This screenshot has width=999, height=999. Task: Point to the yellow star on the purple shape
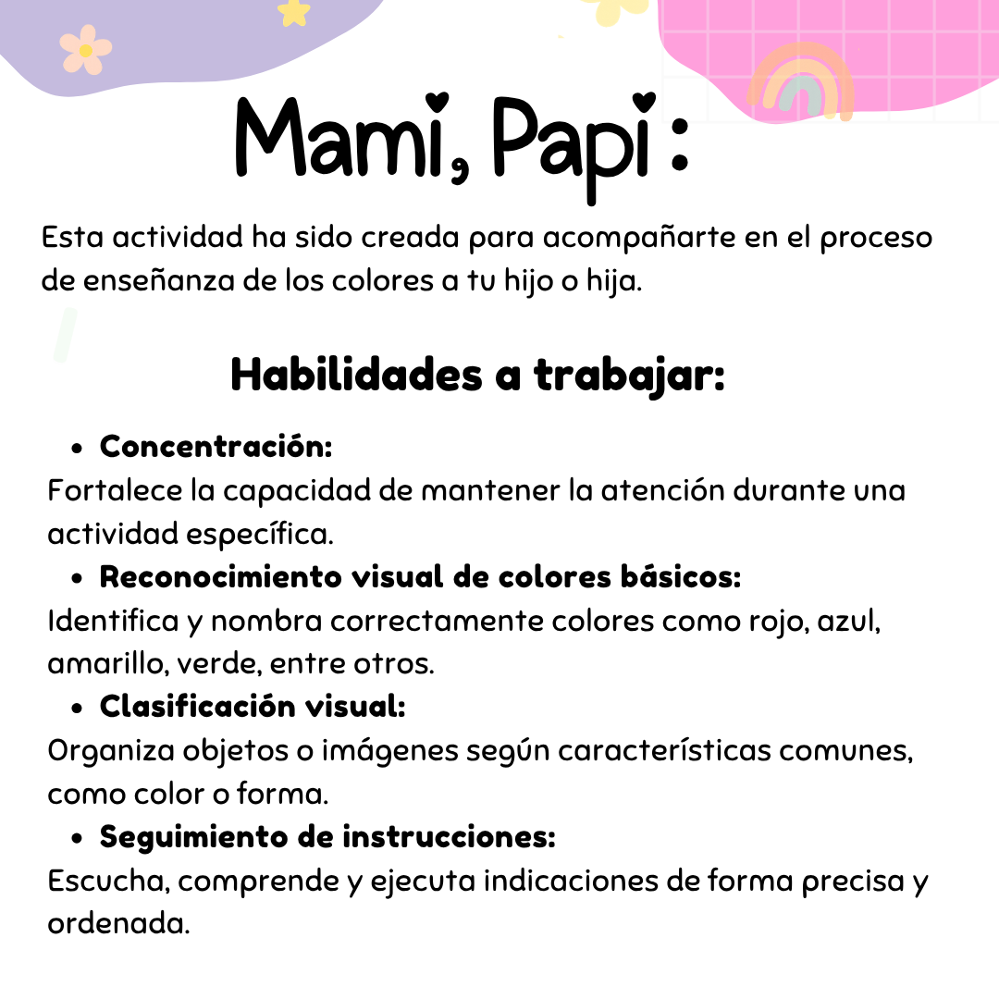(294, 11)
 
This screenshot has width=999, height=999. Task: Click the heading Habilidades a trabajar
(477, 375)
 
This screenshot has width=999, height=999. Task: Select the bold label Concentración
(216, 446)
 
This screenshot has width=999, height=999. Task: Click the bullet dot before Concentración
(79, 449)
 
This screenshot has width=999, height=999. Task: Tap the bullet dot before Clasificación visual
(79, 709)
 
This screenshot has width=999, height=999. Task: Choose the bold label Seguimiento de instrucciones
(327, 837)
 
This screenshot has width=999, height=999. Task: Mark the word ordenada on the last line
(117, 924)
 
